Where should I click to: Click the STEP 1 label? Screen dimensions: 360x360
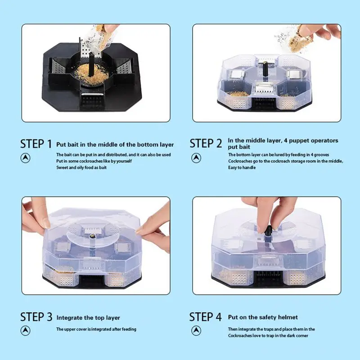click(36, 144)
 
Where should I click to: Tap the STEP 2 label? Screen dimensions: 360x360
click(206, 144)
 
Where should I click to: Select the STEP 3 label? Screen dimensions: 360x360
click(36, 317)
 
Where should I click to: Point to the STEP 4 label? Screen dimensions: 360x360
click(206, 317)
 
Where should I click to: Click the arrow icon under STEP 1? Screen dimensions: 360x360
click(25, 158)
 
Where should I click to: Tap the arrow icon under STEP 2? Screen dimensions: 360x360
click(196, 158)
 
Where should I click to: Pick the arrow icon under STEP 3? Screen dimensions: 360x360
click(25, 331)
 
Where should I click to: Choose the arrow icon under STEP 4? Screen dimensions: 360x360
click(196, 331)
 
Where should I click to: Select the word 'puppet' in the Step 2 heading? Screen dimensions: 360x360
click(298, 141)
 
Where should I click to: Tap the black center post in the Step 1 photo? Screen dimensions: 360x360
click(91, 63)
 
